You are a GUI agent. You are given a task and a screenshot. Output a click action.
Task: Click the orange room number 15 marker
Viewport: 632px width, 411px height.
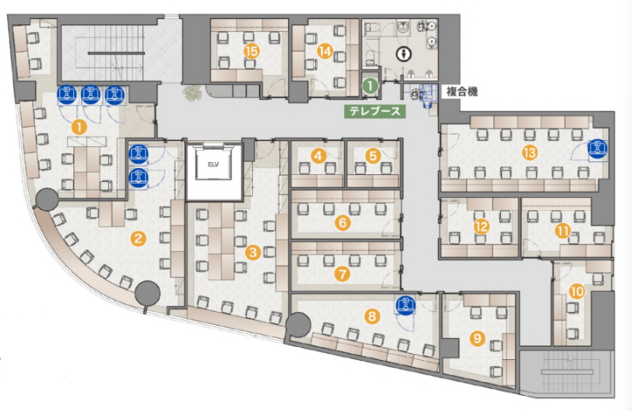pos(251,51)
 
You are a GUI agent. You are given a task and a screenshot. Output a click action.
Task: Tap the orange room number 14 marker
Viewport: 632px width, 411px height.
pos(324,51)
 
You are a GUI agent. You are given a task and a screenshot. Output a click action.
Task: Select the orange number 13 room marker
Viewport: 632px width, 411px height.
pos(529,152)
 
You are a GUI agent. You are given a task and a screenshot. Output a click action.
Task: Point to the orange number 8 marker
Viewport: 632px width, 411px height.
pos(372,316)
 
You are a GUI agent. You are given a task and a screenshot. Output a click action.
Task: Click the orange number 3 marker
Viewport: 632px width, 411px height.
pos(253,253)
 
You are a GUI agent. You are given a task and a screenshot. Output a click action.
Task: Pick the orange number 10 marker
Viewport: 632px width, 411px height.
pos(578,291)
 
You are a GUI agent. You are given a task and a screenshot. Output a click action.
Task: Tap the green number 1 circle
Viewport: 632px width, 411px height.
pos(370,85)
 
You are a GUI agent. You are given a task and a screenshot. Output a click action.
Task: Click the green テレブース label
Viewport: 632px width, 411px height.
pos(375,111)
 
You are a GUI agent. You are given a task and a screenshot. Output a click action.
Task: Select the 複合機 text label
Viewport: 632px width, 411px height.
pos(462,92)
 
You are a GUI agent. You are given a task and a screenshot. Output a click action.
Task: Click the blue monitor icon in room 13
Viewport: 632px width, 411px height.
pos(597,148)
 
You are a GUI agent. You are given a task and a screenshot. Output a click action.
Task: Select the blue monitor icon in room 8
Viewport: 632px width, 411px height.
pos(407,304)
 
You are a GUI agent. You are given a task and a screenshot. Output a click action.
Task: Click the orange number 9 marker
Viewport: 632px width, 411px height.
pos(477,338)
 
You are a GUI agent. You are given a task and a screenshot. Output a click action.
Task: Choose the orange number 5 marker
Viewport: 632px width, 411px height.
pos(373,155)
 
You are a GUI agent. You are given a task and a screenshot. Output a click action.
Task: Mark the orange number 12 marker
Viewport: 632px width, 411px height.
pos(481,227)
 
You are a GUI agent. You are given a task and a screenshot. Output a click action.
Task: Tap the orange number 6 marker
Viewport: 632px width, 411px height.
pos(343,222)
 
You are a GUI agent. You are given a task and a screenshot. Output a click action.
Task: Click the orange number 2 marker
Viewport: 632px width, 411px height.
pos(138,239)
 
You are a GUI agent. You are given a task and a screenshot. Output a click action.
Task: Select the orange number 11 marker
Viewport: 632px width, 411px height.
pos(563,231)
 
